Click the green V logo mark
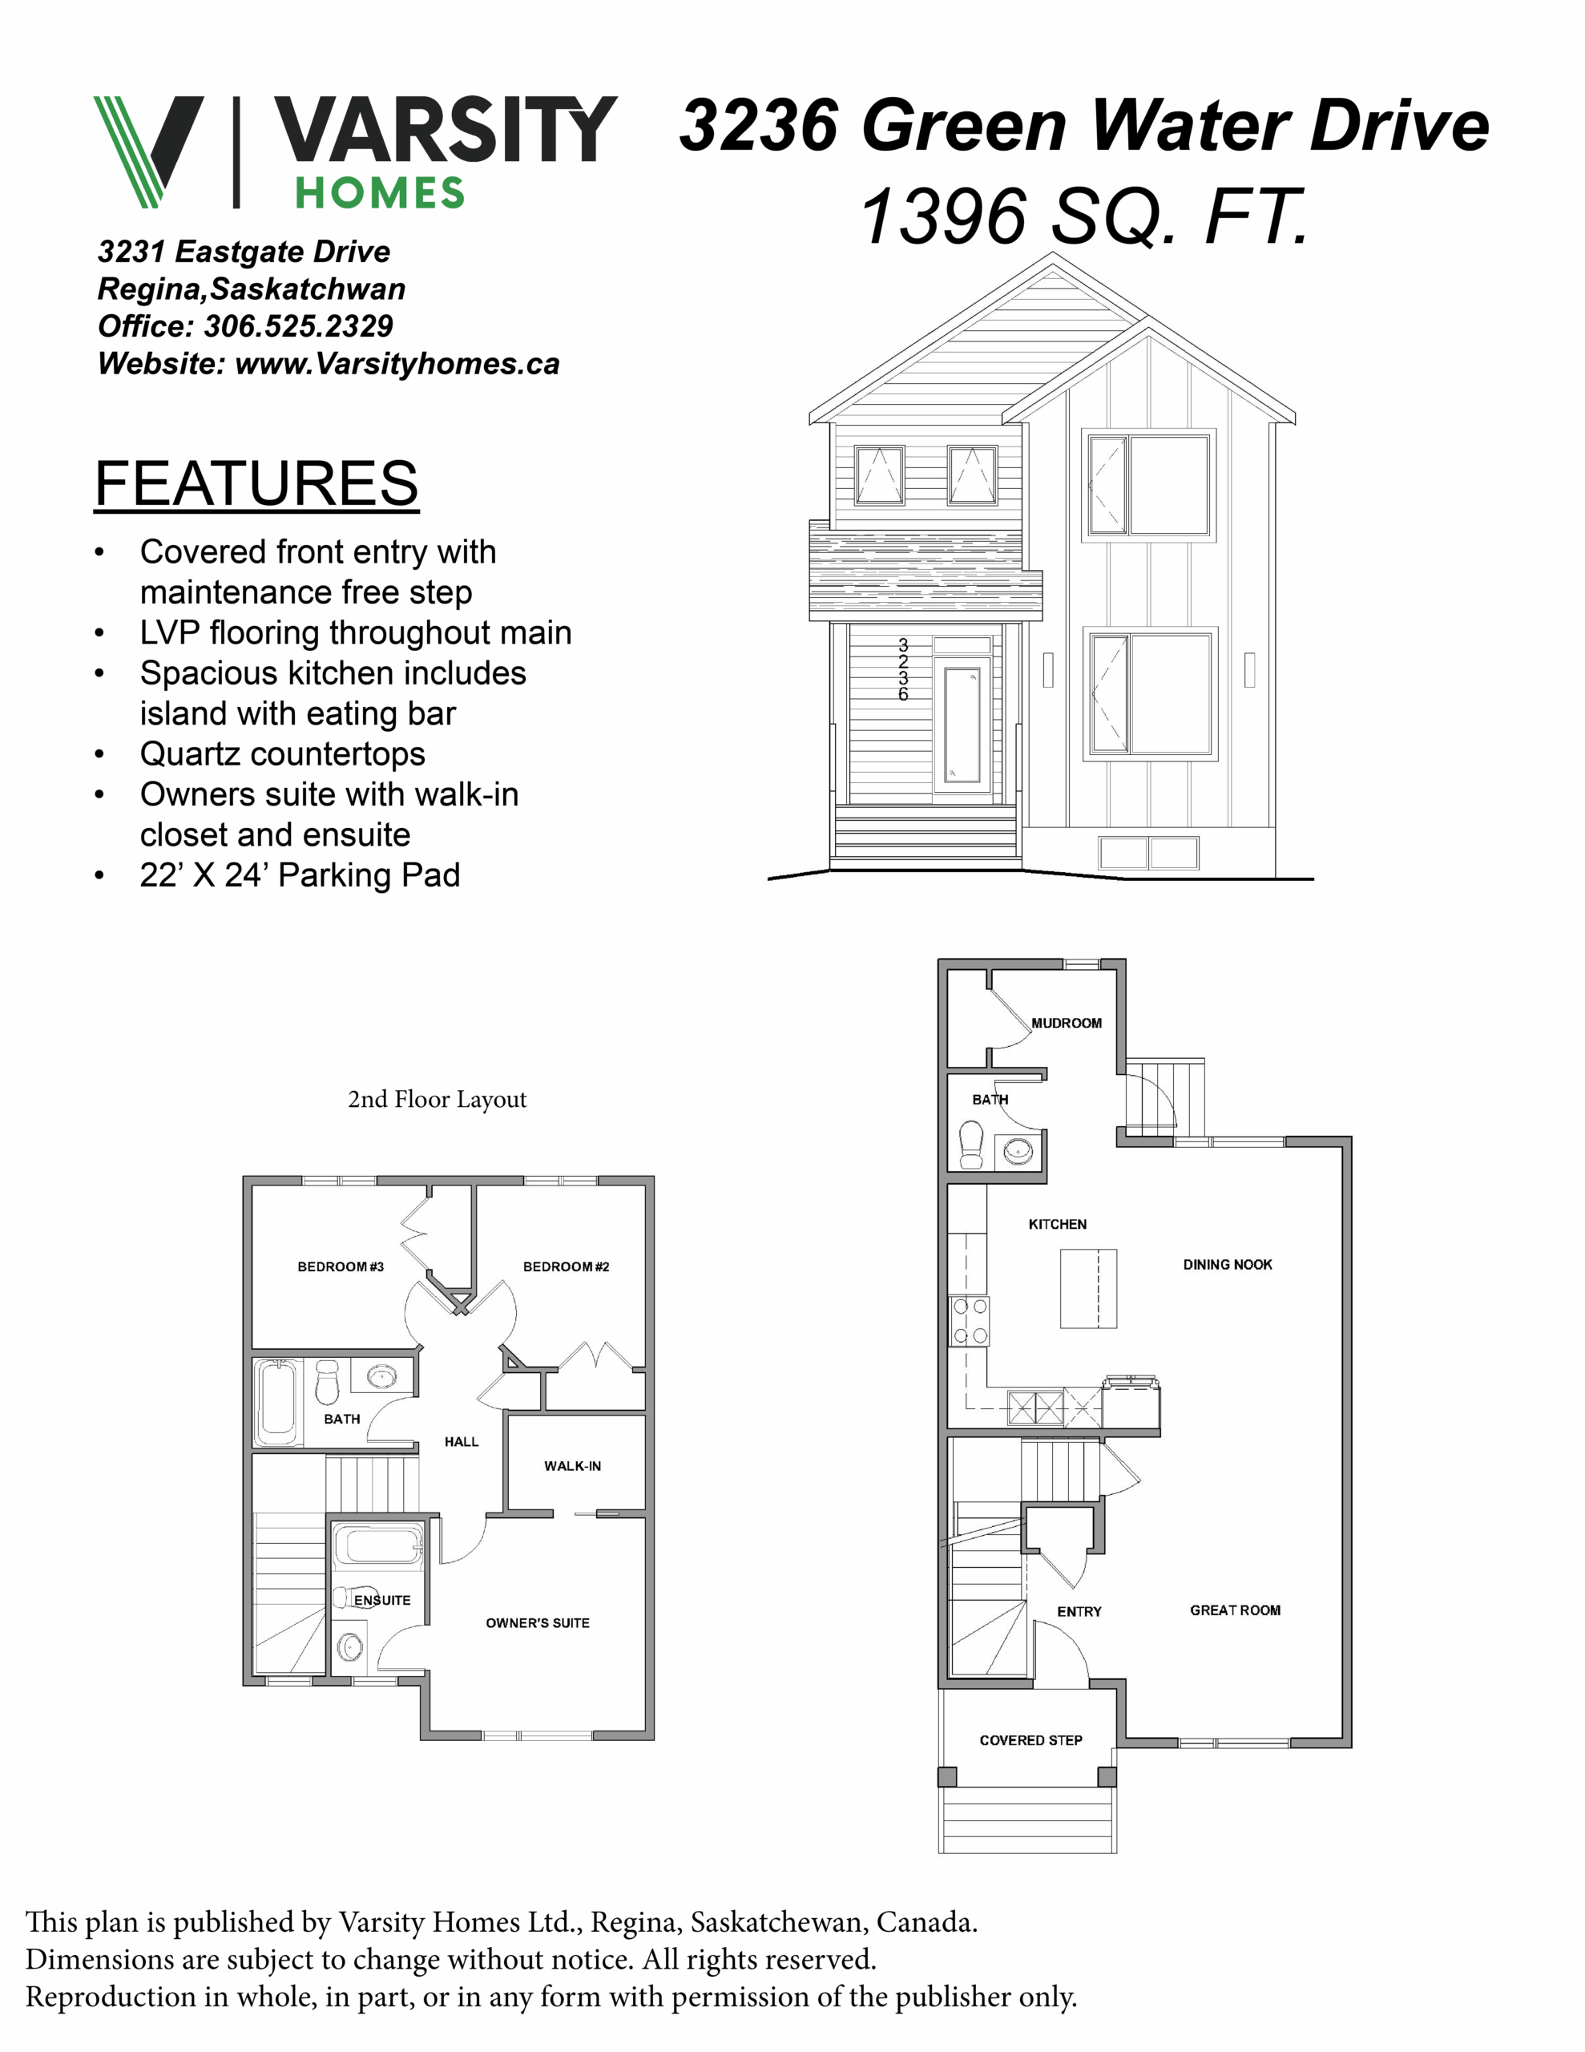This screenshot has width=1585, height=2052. coord(148,151)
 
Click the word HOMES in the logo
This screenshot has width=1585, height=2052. coord(380,193)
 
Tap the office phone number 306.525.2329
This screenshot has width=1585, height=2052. coord(299,326)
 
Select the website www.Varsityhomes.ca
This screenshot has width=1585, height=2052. coord(397,364)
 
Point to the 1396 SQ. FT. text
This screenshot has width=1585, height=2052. coord(1084,216)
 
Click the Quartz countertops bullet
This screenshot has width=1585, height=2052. coord(282,753)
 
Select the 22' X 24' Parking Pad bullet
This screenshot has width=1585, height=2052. coord(300,875)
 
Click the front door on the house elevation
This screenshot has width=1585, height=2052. coord(962,725)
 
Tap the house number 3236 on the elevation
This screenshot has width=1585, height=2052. coord(903,670)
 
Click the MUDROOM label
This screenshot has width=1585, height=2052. coord(1067,1023)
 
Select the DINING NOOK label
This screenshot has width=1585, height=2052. coord(1227,1265)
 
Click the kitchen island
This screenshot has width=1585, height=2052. coord(1088,1288)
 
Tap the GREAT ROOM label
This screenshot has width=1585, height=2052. coord(1235,1610)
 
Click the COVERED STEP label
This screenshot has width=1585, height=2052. coord(1030,1740)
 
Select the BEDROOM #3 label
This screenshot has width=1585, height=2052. coord(340,1266)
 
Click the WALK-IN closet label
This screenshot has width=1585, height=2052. coord(572,1466)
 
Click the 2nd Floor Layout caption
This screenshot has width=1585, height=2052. coord(437,1099)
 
